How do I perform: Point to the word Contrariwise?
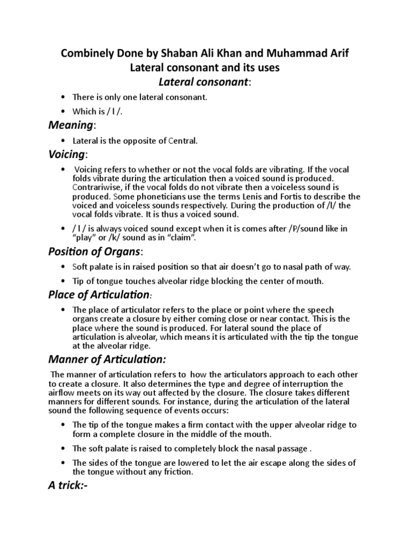[97, 187]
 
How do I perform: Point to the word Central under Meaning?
[183, 141]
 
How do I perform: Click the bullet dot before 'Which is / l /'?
[62, 111]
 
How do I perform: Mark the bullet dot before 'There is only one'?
[62, 97]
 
